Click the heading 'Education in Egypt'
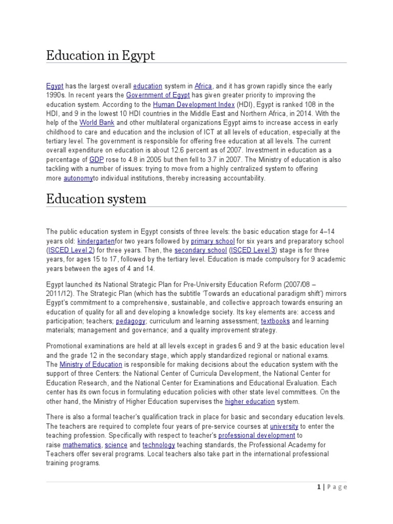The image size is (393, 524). tap(100, 55)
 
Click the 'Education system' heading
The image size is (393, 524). tap(96, 199)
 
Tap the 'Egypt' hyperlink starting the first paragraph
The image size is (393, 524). tap(55, 86)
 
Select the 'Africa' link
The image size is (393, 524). tap(203, 86)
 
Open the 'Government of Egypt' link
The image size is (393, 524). tap(158, 96)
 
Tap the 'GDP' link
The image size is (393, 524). tap(97, 160)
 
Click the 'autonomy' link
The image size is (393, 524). tap(78, 179)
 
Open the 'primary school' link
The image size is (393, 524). tap(213, 241)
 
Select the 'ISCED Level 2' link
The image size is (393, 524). tap(71, 250)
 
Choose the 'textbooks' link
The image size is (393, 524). tap(275, 321)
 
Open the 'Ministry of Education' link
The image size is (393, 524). tap(91, 364)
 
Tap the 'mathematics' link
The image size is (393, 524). tap(82, 445)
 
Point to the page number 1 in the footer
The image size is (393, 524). tap(318, 487)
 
